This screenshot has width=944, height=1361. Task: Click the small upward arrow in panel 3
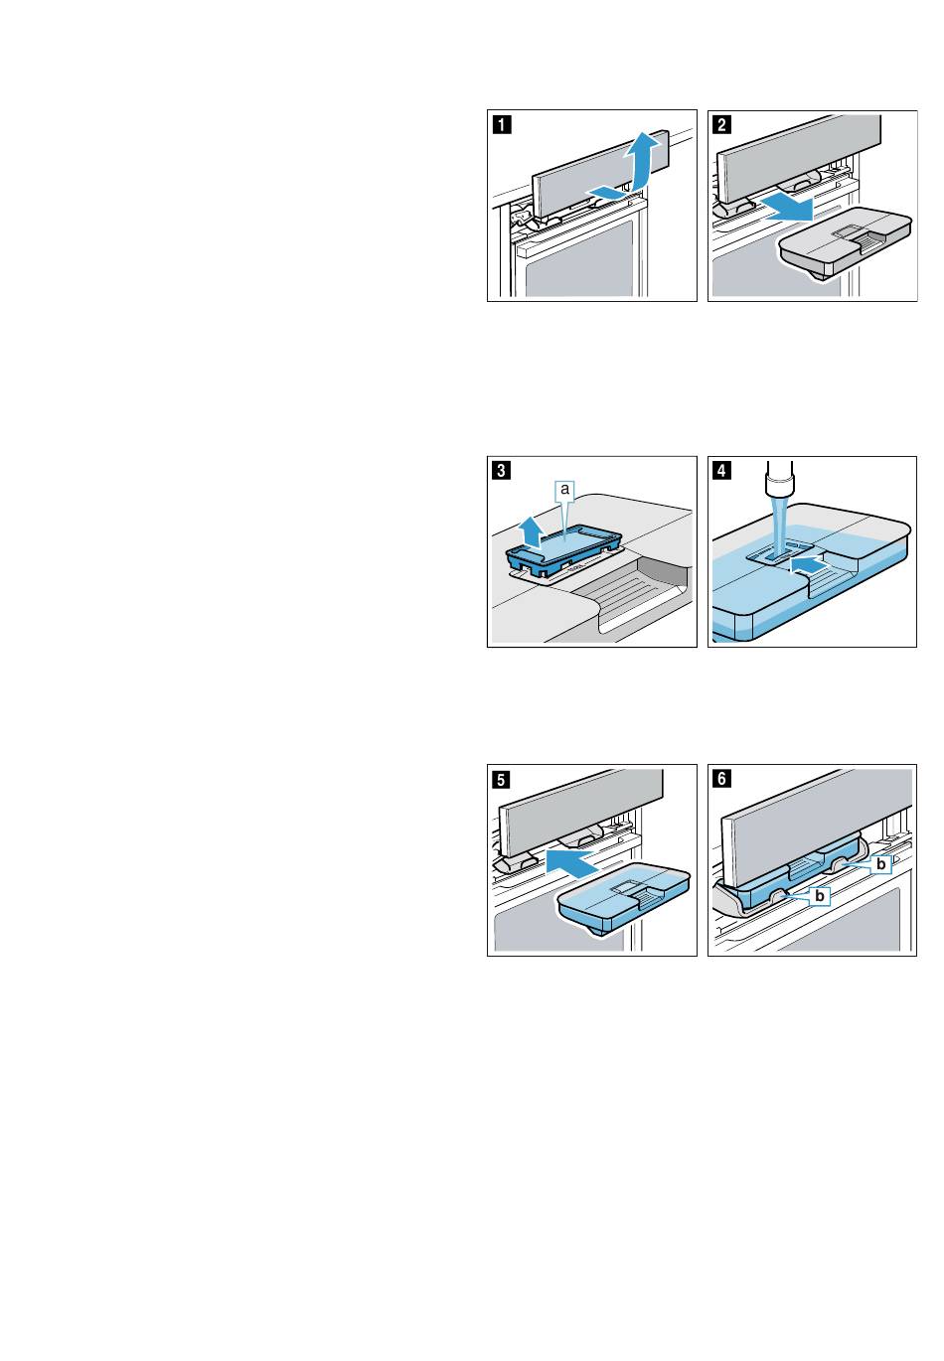(x=532, y=530)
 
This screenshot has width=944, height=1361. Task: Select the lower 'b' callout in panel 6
(x=820, y=896)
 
